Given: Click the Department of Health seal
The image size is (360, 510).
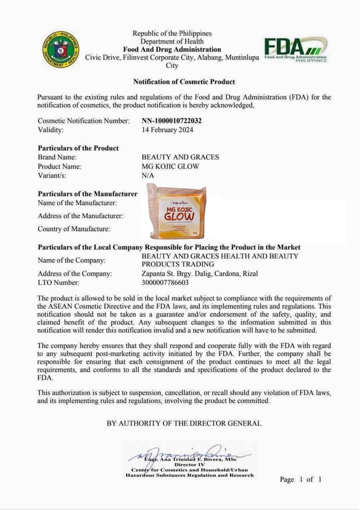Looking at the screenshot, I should tap(61, 49).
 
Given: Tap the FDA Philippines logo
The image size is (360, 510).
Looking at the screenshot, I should tap(295, 49).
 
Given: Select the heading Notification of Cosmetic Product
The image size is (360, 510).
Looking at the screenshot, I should tap(184, 82).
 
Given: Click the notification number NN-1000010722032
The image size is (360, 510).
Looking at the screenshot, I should tap(172, 121).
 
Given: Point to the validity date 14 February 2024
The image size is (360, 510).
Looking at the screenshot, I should tap(167, 130).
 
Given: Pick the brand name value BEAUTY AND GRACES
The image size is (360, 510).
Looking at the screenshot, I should tap(180, 157).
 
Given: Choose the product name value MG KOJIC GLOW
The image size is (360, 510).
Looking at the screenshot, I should tap(170, 166).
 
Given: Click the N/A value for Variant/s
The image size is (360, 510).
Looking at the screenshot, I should tap(147, 175).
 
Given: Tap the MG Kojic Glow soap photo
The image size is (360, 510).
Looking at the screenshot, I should tap(177, 211).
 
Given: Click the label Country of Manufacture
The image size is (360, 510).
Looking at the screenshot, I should tap(74, 229).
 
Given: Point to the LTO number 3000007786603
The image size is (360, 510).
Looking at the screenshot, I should tap(165, 283).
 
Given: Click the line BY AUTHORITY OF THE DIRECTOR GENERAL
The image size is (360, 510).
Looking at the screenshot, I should tap(184, 423).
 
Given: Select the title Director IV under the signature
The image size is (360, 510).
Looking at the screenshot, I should tap(189, 464).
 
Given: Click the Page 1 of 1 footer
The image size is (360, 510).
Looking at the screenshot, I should tap(301, 479).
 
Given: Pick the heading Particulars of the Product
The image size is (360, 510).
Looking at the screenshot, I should tap(78, 148).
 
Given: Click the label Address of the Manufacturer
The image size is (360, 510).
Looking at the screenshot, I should tap(80, 216).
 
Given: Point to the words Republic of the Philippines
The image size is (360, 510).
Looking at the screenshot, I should tap(172, 34).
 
